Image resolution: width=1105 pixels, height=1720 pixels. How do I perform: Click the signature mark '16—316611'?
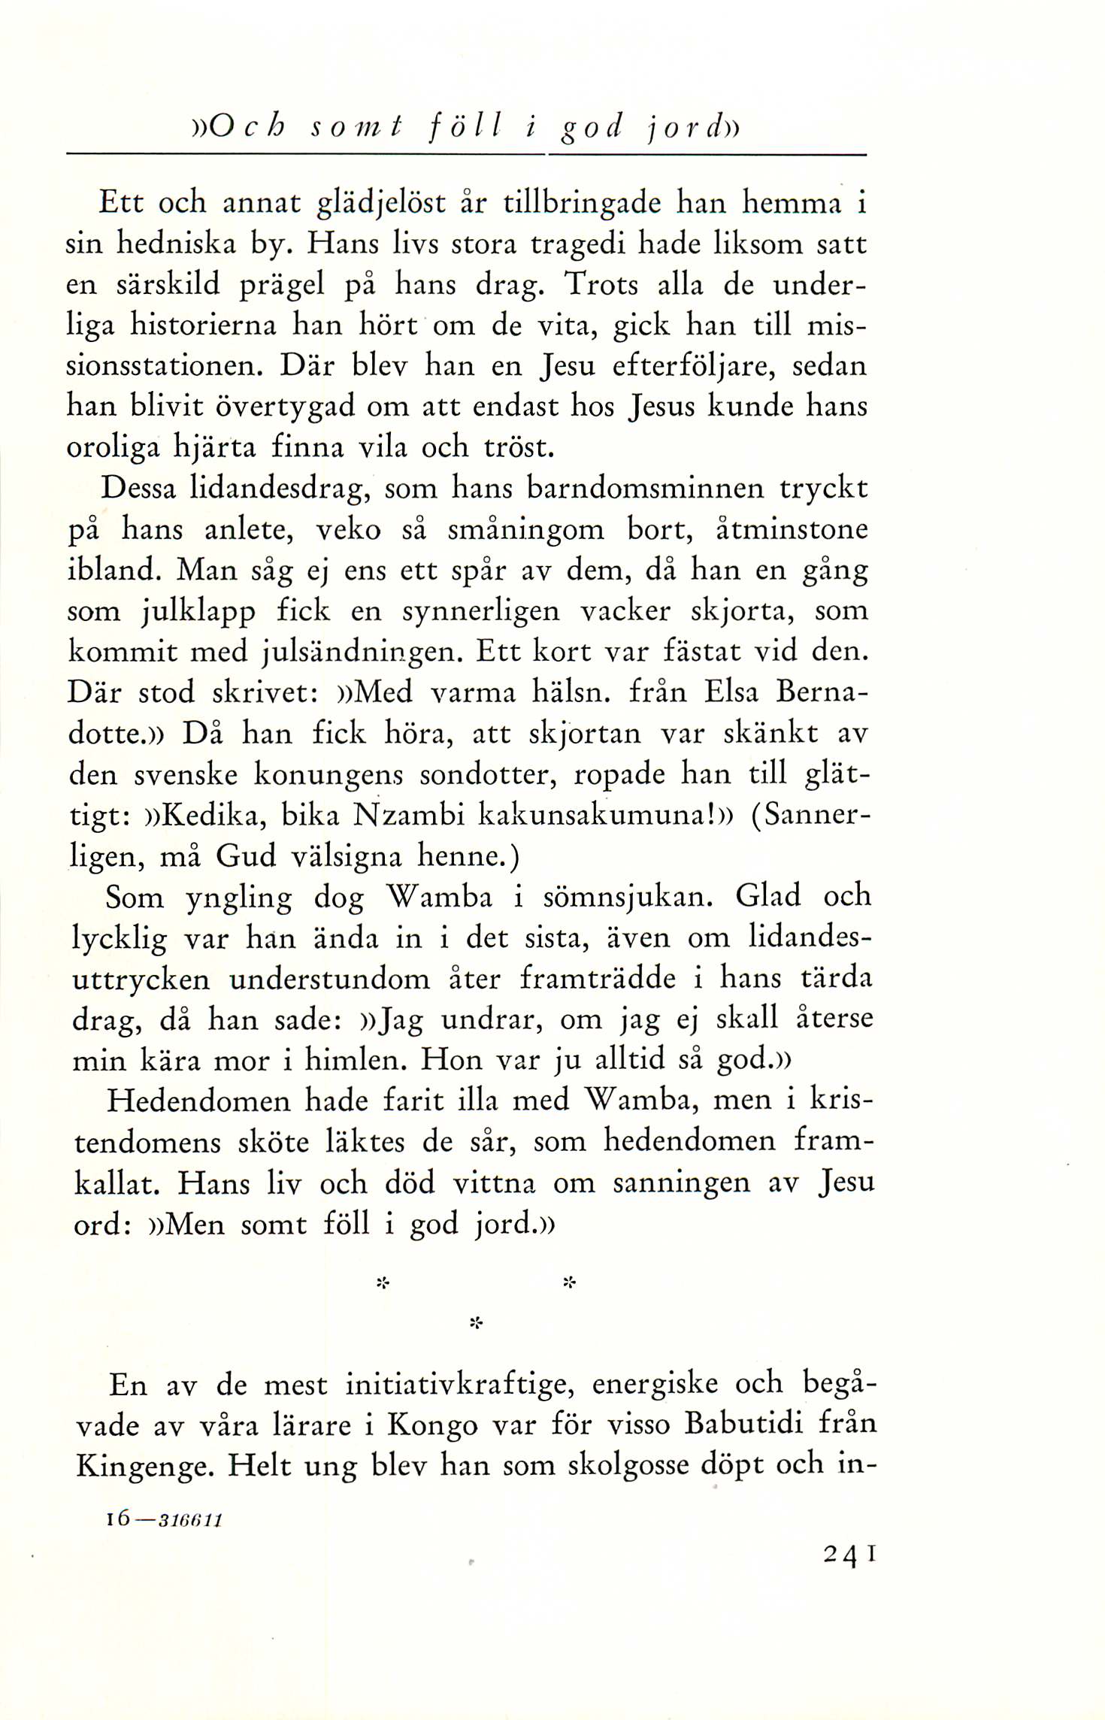coord(164,1519)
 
